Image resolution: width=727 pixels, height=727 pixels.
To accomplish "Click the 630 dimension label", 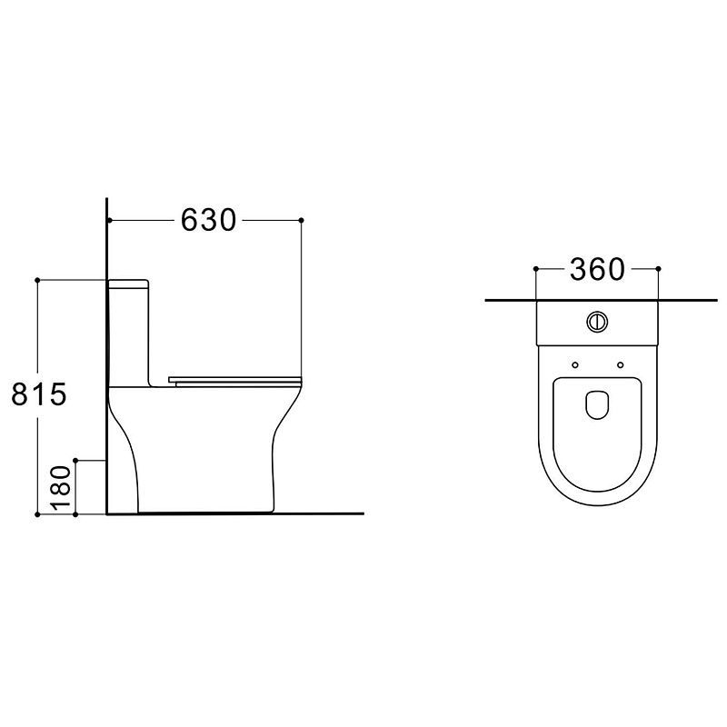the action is point(208,220).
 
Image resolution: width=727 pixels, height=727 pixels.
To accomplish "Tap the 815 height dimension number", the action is point(39,394).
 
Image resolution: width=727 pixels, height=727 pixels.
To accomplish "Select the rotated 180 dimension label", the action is point(61,487).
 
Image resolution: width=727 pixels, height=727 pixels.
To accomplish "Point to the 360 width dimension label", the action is point(597,269).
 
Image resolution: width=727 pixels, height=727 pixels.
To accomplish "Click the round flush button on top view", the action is point(597,322).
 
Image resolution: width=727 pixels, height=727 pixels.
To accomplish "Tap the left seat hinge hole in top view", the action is point(575,365).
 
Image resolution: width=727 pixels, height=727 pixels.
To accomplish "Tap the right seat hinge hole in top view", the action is point(621,365).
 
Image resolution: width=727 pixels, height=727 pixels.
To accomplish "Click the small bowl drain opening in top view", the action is point(597,404).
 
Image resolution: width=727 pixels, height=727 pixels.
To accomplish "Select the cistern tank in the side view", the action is point(128,333).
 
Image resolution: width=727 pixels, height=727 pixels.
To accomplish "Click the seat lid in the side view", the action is point(235,381).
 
